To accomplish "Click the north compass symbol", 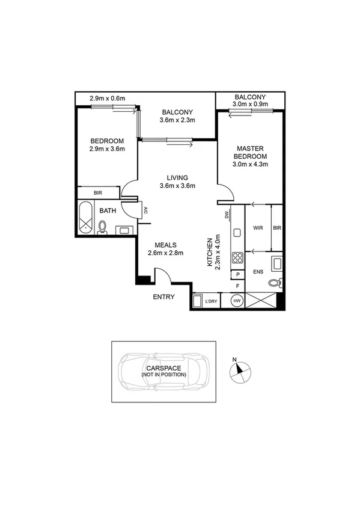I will point(239,370).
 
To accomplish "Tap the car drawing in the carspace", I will point(164,370).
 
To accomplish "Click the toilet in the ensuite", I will point(274,283).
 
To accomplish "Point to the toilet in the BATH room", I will point(103,227).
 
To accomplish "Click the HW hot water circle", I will point(237,301).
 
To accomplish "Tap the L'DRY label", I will point(211,301).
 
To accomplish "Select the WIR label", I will point(258,229).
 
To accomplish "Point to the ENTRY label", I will point(163,297).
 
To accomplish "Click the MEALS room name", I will point(165,245).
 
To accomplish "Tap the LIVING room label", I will point(178,177).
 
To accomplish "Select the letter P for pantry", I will point(238,274).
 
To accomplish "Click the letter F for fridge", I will point(238,286).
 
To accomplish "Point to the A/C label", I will point(145,210).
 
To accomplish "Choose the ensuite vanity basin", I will point(278,262).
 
